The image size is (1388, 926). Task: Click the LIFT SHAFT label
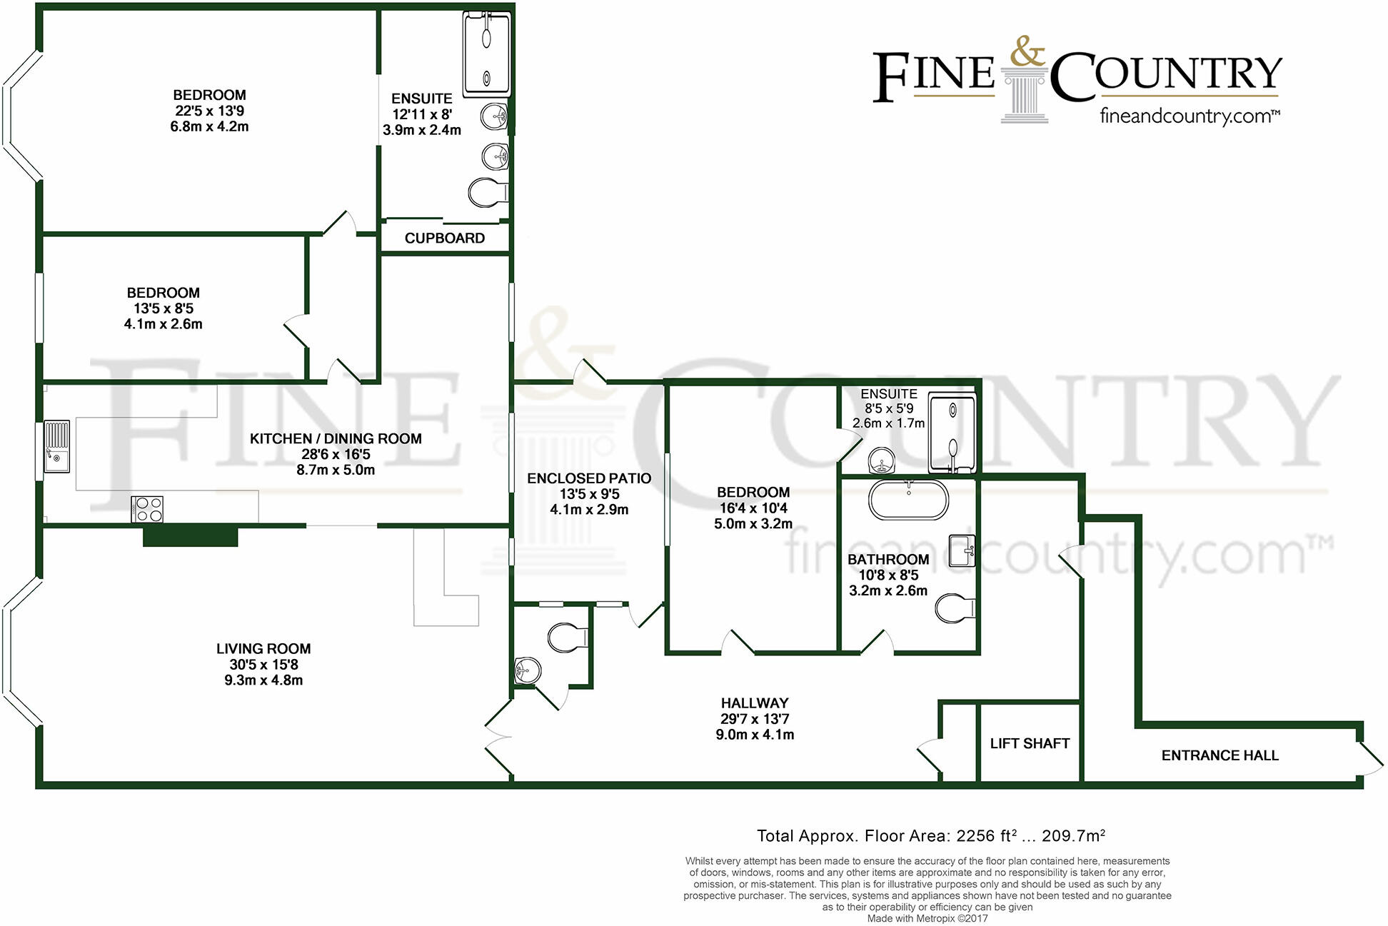point(1029,743)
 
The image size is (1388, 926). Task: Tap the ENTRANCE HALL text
point(1219,755)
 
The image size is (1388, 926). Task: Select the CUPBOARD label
point(444,238)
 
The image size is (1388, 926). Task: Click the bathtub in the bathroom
point(908,500)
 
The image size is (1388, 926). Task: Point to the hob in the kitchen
point(147,509)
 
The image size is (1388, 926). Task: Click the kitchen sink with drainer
point(57,446)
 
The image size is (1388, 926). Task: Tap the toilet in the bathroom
point(954,608)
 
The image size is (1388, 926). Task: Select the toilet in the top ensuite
point(487,193)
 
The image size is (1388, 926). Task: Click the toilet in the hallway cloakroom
point(567,638)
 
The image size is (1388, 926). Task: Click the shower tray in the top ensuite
point(487,56)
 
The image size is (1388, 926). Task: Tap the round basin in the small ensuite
point(882,461)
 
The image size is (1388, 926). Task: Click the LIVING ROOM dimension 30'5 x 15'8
point(263,665)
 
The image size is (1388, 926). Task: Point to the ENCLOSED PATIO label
point(589,478)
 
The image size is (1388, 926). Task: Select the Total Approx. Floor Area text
point(930,836)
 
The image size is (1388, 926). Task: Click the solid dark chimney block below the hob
point(190,535)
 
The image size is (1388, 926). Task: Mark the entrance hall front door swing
point(1369,759)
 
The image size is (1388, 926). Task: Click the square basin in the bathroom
point(962,550)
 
